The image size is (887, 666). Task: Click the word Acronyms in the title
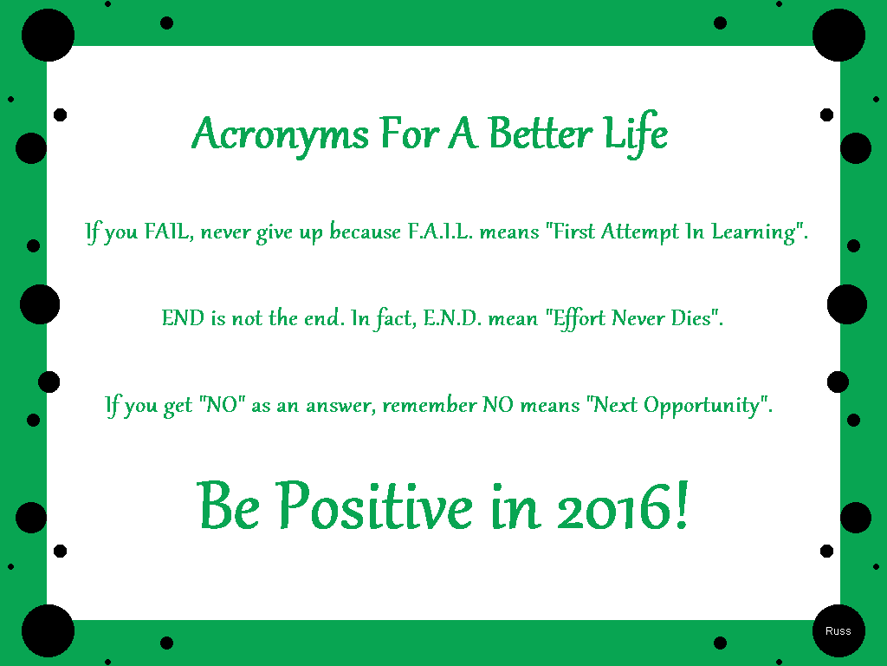281,134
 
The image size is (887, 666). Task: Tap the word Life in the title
636,134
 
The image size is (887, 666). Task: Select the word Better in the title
541,133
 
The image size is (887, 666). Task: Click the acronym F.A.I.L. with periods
440,231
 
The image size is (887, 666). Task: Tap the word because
365,231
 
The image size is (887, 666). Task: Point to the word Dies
690,318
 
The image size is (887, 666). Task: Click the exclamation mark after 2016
682,504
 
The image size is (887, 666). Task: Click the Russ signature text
838,631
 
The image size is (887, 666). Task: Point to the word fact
395,318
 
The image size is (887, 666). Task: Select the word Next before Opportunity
615,406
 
